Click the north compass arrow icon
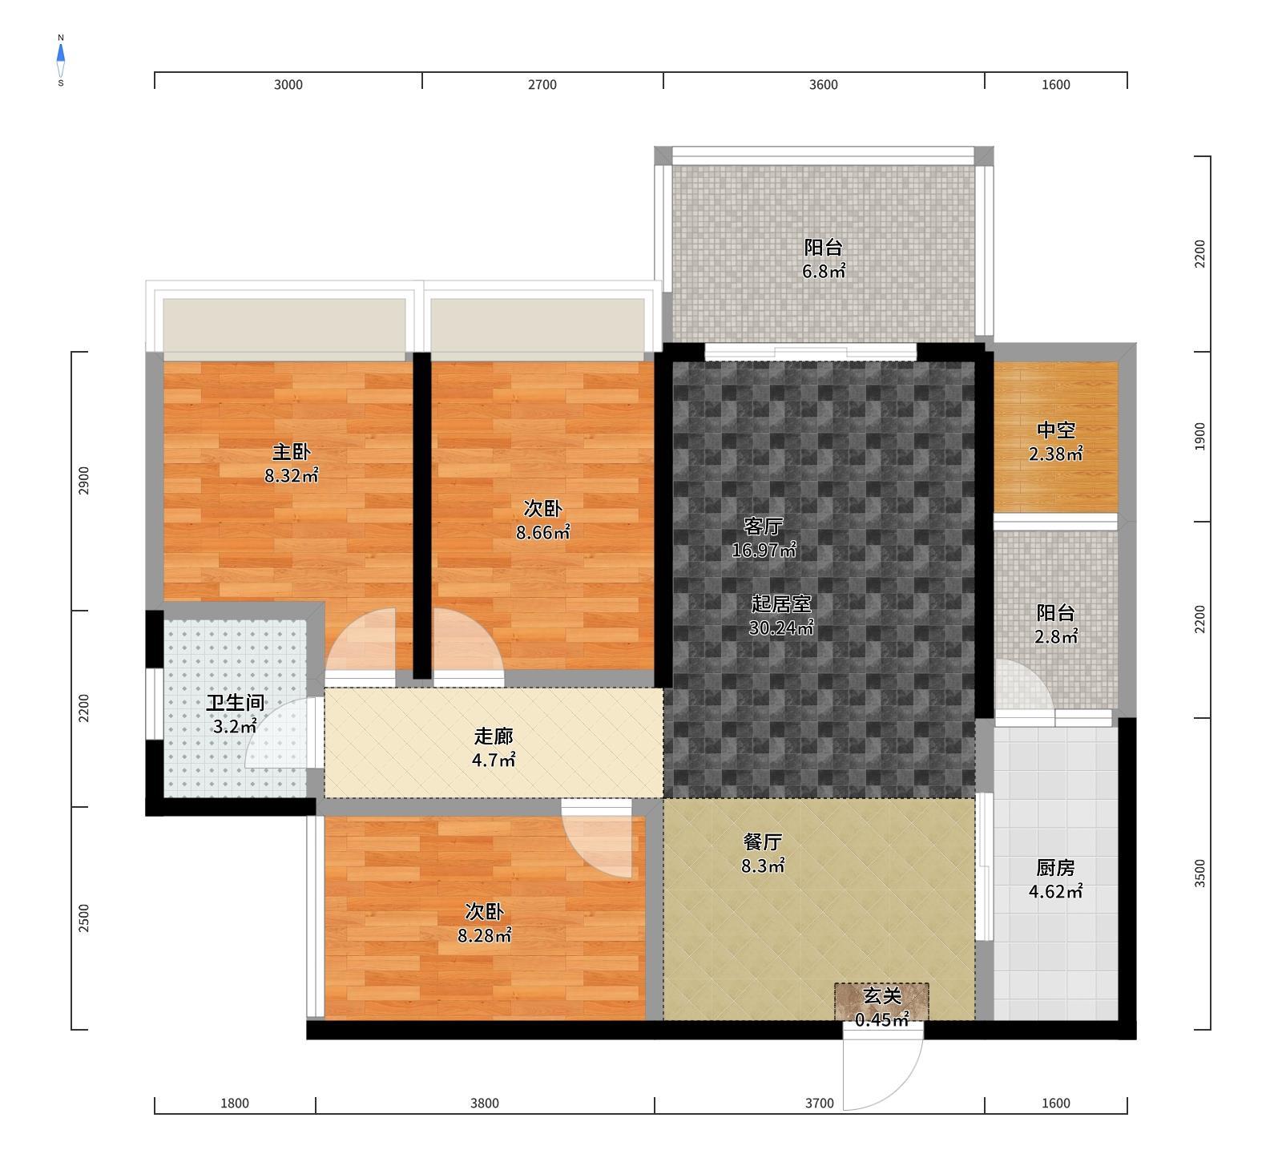click(61, 54)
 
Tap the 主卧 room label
click(291, 452)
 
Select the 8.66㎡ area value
click(542, 532)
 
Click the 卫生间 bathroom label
click(235, 703)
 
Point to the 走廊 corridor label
click(493, 736)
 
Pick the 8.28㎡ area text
click(484, 935)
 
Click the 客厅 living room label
click(763, 526)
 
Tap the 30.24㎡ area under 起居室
click(781, 627)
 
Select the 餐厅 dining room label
click(763, 842)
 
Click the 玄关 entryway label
click(881, 996)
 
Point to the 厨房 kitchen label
click(1055, 868)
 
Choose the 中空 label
click(1055, 431)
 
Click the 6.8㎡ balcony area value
click(824, 271)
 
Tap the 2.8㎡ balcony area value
click(1055, 637)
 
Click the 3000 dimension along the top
click(288, 85)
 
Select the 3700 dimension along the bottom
click(819, 1104)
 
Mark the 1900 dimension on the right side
click(1199, 437)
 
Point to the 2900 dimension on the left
click(84, 481)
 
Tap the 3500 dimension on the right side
click(1199, 874)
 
